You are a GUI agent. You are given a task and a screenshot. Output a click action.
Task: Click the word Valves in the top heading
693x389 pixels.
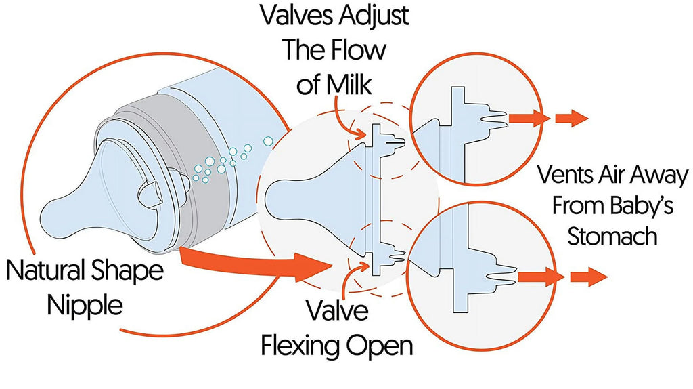(297, 16)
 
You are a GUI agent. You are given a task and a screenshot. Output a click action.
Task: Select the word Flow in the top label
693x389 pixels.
(359, 49)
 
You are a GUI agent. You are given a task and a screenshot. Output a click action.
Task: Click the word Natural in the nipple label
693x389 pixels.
(47, 270)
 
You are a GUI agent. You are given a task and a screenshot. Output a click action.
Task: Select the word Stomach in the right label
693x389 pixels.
(612, 236)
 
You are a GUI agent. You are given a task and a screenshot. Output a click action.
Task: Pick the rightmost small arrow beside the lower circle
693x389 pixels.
(589, 277)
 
